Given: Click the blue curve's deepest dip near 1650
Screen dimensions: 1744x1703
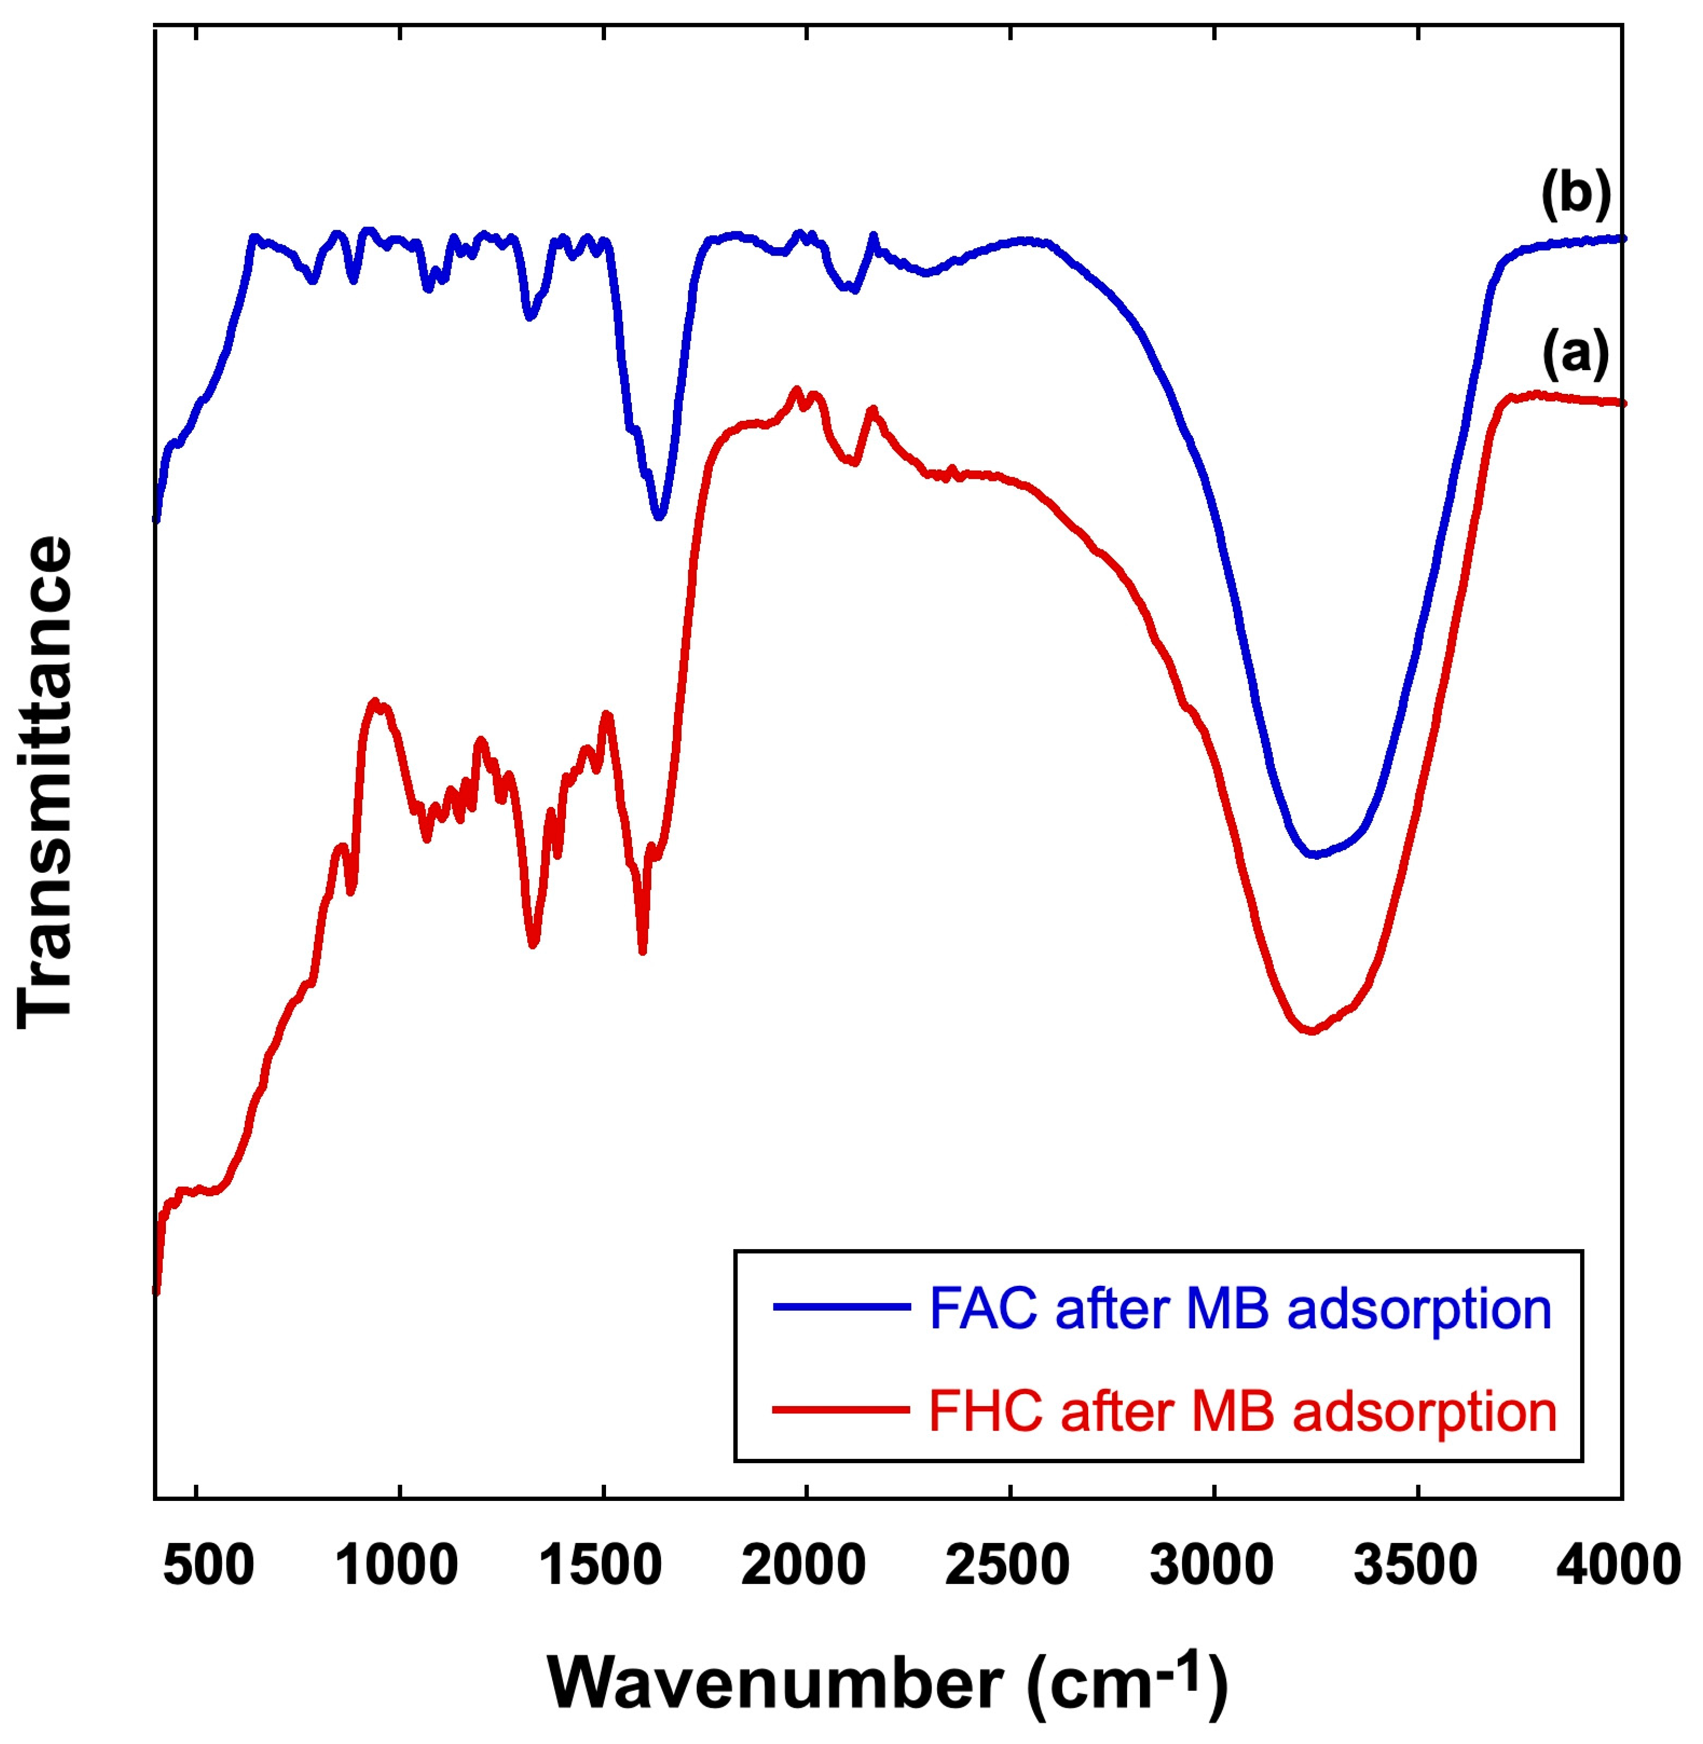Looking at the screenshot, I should [x=659, y=517].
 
